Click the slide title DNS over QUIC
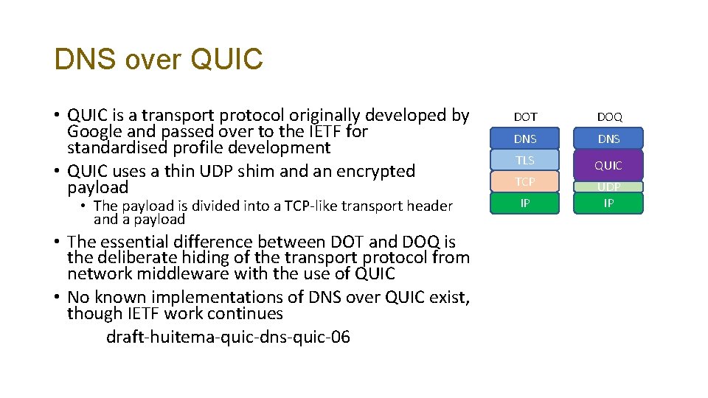(158, 60)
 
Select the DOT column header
(525, 116)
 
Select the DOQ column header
(609, 116)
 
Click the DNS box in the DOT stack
(525, 139)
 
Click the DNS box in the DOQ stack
(609, 139)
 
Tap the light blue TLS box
(525, 160)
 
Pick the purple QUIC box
(609, 165)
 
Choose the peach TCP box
(525, 181)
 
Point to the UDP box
(609, 187)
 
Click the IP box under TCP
(525, 203)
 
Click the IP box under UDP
(609, 203)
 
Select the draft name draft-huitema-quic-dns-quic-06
(228, 338)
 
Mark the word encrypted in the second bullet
(375, 171)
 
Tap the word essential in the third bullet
(140, 242)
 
